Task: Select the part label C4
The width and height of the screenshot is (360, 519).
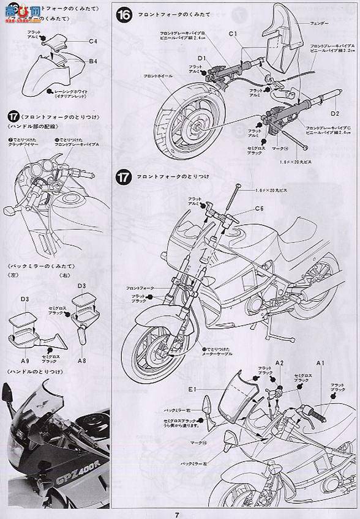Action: point(93,42)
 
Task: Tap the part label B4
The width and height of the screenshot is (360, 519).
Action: point(93,61)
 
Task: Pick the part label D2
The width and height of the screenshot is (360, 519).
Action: point(335,113)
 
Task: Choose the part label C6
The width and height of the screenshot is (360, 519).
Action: point(259,209)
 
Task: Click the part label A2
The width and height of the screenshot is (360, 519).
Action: point(279,363)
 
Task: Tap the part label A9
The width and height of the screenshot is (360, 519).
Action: point(25,360)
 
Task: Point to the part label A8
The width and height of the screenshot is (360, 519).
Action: point(81,360)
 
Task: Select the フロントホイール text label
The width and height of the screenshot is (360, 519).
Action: point(158,75)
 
